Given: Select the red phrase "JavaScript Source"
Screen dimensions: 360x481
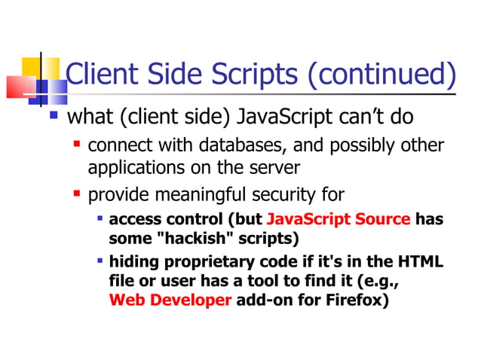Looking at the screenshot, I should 339,220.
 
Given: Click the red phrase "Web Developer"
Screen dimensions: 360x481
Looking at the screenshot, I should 170,300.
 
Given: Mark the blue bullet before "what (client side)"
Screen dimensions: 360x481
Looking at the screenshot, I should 54,116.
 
